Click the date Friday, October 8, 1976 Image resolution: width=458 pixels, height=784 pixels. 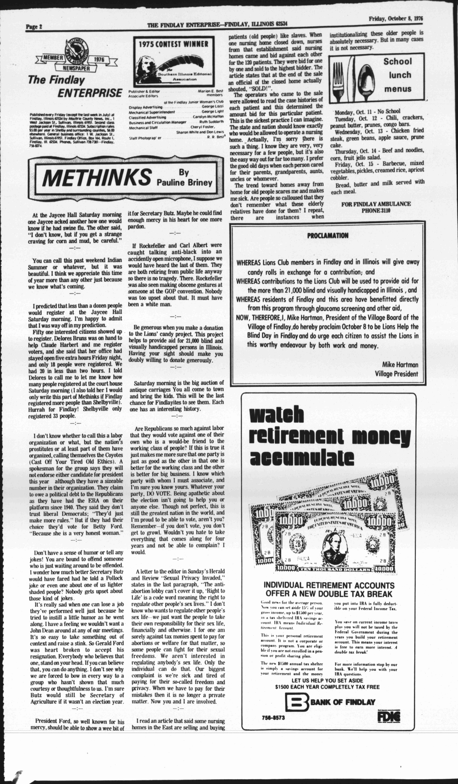396,19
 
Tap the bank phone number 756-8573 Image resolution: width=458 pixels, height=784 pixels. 273,718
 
